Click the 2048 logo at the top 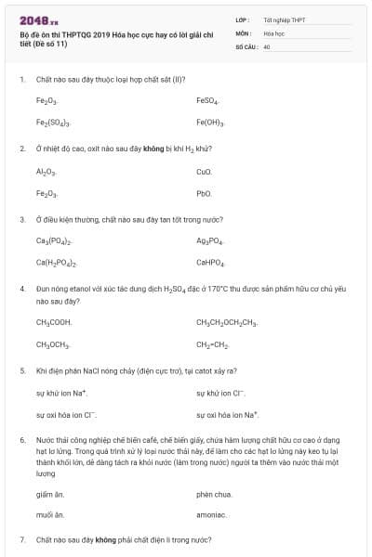click(x=39, y=19)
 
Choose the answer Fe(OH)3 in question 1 click(x=210, y=122)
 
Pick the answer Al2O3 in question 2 click(x=46, y=172)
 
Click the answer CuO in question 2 click(x=205, y=172)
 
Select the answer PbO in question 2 click(x=205, y=193)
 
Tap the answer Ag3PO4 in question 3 click(x=210, y=241)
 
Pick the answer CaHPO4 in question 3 click(x=210, y=263)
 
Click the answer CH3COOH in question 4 click(x=54, y=322)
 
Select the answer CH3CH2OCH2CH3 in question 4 click(x=227, y=322)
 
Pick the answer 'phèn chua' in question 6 click(x=214, y=494)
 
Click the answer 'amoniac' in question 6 click(x=211, y=515)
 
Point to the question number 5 click(x=22, y=370)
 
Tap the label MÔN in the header click(x=244, y=32)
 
